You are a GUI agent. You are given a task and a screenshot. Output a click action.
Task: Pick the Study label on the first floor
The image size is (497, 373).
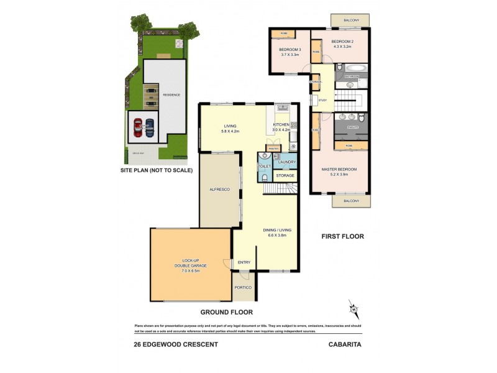322,100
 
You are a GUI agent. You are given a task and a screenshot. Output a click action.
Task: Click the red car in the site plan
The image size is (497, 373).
138,127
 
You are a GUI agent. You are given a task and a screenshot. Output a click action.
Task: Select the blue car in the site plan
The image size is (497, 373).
149,127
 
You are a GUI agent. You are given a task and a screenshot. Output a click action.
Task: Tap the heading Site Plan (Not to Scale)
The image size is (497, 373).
157,170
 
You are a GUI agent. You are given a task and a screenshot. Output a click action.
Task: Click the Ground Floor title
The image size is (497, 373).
226,312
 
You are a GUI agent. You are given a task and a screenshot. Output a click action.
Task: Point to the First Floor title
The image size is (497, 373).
342,237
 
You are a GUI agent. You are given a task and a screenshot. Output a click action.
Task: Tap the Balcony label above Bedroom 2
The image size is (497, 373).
350,21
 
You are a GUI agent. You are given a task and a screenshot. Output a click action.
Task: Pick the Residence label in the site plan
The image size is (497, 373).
171,95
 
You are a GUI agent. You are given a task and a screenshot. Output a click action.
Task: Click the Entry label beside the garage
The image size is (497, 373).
244,262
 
